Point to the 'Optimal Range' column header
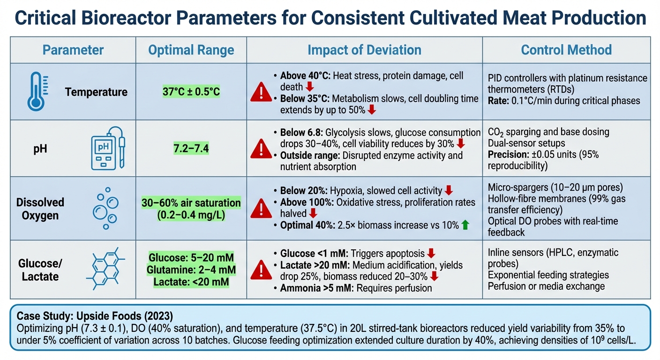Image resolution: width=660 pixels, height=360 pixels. coord(191,50)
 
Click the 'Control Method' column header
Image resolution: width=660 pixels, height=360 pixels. coord(566,50)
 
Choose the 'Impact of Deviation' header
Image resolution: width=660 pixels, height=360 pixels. coord(364,50)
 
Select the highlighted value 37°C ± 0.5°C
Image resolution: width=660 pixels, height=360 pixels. coord(191,92)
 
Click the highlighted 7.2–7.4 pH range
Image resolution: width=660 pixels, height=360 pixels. coord(191,150)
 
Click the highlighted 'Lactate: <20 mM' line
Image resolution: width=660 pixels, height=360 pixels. coord(191,282)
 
